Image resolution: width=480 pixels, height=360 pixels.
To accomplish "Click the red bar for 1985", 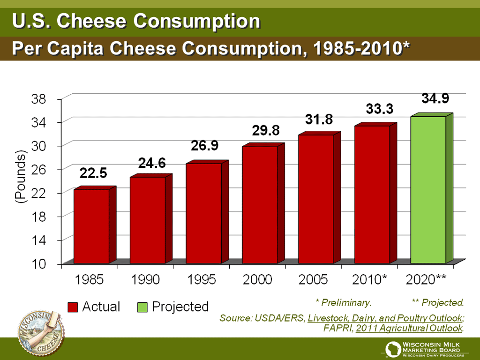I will [x=91, y=226].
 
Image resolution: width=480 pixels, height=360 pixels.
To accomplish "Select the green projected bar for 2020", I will [x=428, y=189].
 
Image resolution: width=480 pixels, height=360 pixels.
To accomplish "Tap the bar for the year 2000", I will [x=260, y=204].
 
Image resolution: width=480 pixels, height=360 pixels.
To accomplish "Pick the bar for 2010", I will [x=372, y=194].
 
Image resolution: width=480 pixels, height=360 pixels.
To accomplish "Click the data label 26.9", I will [x=204, y=146].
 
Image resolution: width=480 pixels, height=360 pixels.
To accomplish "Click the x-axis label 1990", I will [x=145, y=280].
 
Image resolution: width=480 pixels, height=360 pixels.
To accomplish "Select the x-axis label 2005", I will [x=314, y=280].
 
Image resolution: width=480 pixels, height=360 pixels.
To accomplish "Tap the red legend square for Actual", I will [x=73, y=307].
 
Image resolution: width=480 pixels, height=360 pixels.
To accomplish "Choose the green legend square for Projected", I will [x=142, y=307].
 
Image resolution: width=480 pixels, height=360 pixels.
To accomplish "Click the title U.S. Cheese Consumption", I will [x=136, y=21].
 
